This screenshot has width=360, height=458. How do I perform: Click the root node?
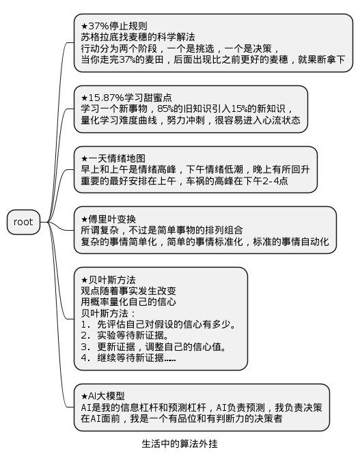click(23, 222)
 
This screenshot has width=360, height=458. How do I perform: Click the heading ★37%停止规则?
click(114, 26)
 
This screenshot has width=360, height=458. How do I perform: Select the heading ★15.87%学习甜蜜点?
click(126, 98)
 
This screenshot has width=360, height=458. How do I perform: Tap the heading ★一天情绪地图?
click(113, 158)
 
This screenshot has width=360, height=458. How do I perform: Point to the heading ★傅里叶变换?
click(109, 219)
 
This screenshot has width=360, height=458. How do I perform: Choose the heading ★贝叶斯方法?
click(109, 280)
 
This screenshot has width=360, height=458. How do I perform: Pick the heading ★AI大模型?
click(103, 396)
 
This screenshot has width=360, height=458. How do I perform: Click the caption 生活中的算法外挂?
click(180, 444)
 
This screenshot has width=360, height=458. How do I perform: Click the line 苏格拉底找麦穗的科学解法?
click(138, 37)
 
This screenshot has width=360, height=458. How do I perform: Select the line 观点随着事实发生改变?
click(128, 291)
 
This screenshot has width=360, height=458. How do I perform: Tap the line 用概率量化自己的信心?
click(128, 302)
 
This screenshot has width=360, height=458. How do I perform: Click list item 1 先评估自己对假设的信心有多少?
click(158, 324)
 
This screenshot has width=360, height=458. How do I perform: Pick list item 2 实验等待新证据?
click(125, 335)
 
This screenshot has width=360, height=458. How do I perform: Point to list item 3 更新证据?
click(154, 347)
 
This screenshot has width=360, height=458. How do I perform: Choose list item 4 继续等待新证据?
click(128, 358)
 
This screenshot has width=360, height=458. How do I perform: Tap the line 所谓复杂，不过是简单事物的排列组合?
click(162, 230)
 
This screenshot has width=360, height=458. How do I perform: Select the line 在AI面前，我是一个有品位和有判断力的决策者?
click(182, 418)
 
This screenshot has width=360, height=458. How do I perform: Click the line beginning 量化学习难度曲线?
click(191, 120)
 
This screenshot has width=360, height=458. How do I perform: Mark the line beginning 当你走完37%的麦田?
click(213, 59)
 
